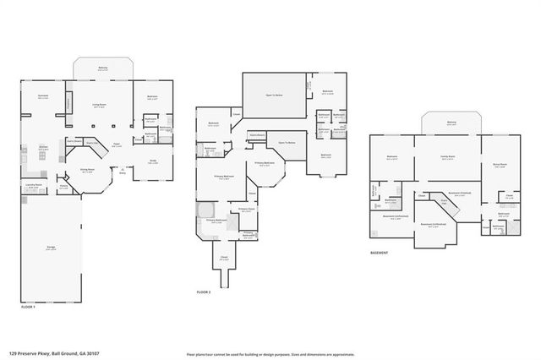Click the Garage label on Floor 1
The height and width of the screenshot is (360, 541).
coord(52,248)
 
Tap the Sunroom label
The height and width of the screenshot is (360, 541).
coord(42,96)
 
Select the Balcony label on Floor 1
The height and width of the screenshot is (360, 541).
coord(102,69)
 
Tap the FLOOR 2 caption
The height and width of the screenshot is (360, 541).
coord(204,291)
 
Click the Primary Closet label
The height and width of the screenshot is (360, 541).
coord(246,208)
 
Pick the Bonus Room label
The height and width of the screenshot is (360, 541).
coord(499,165)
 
